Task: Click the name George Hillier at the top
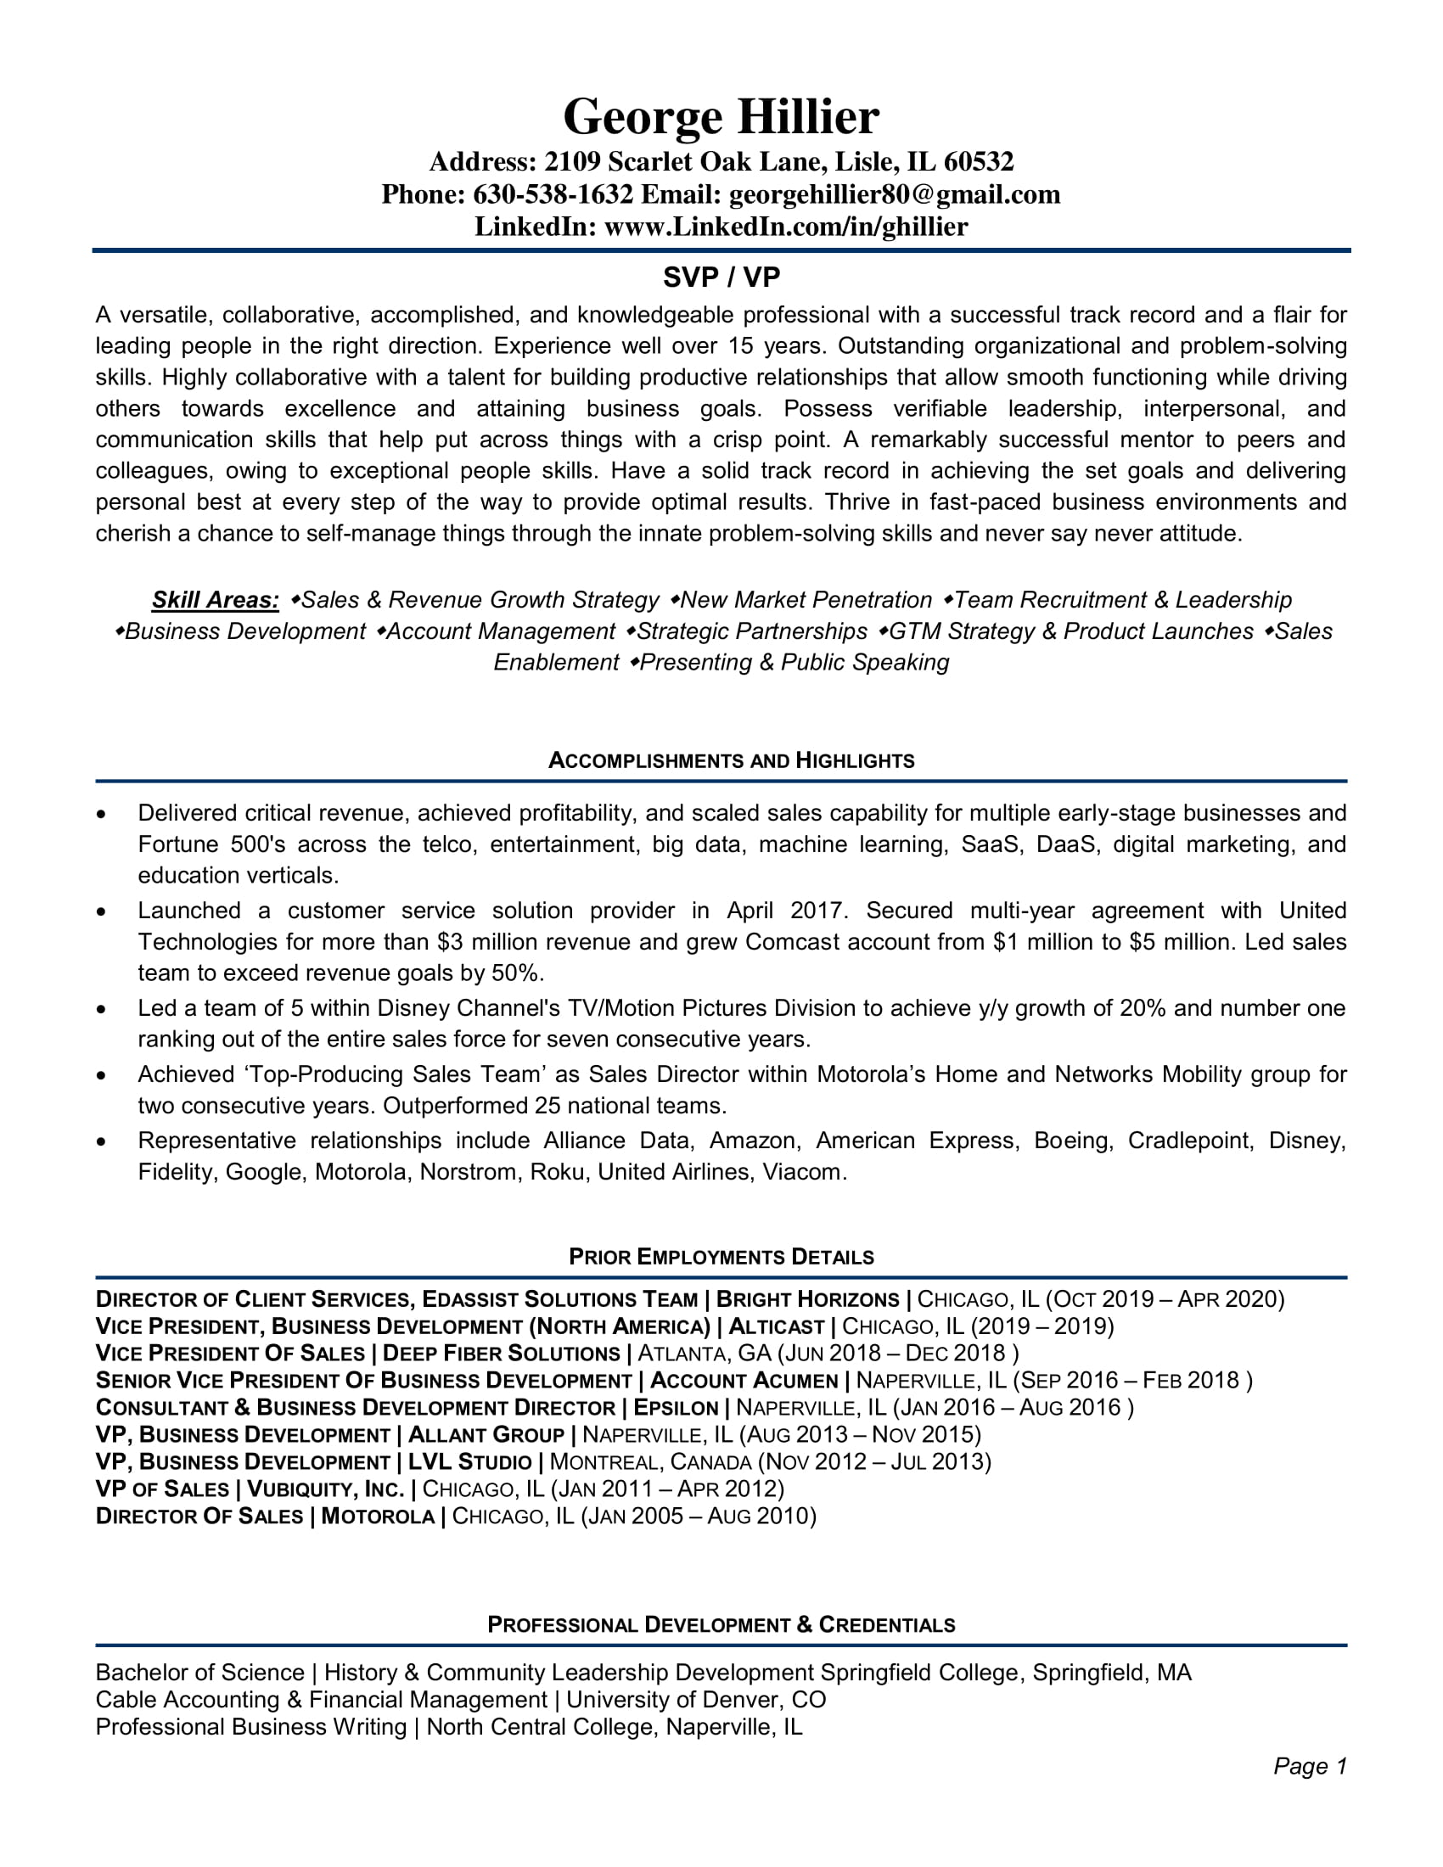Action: pos(721,116)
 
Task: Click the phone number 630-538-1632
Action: pos(553,195)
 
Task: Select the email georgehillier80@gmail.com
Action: pos(894,195)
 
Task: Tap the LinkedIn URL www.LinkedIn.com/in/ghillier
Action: pos(786,227)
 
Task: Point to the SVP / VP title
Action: pos(721,277)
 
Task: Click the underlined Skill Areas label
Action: pos(216,600)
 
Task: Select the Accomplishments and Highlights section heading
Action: pos(731,761)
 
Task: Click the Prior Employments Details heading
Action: pos(721,1257)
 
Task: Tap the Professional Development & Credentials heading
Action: pos(721,1624)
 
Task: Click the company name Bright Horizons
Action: pos(808,1300)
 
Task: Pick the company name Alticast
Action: pos(776,1326)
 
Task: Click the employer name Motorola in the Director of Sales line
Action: pos(378,1517)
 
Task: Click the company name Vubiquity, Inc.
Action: pos(325,1489)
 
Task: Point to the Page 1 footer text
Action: pos(1310,1766)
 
